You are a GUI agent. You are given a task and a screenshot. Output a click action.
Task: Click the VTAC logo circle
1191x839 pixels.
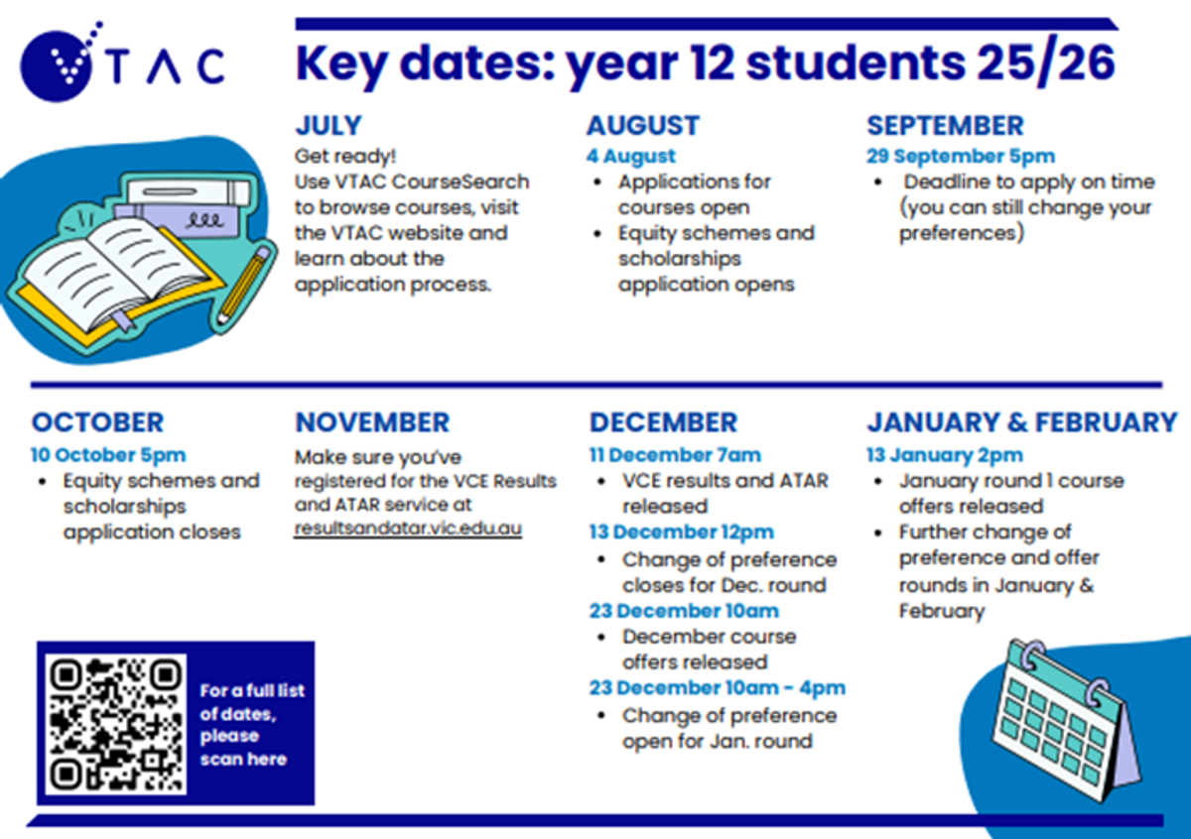pyautogui.click(x=57, y=66)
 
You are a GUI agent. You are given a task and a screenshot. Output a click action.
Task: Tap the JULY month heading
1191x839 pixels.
pyautogui.click(x=329, y=125)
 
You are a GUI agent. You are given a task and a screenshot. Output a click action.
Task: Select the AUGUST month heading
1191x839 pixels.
pyautogui.click(x=643, y=125)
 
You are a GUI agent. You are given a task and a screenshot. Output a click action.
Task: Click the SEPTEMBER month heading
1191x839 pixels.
pyautogui.click(x=945, y=125)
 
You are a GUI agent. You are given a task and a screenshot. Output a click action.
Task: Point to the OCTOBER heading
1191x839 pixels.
pyautogui.click(x=98, y=422)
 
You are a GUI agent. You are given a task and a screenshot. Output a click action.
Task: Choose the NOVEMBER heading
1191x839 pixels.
pyautogui.click(x=373, y=422)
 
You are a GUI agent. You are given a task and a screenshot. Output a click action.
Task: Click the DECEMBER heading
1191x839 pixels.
pyautogui.click(x=664, y=422)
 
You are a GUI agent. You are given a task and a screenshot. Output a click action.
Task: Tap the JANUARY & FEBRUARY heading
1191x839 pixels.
pyautogui.click(x=1022, y=422)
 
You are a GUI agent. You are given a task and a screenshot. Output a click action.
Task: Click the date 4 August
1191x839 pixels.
pyautogui.click(x=631, y=157)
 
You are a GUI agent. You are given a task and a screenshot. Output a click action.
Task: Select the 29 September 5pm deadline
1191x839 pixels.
pyautogui.click(x=961, y=157)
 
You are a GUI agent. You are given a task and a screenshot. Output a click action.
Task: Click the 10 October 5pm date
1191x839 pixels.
pyautogui.click(x=108, y=455)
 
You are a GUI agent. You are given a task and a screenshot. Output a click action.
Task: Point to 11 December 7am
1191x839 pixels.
pyautogui.click(x=675, y=455)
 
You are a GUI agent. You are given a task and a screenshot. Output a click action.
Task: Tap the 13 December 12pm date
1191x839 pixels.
pyautogui.click(x=682, y=532)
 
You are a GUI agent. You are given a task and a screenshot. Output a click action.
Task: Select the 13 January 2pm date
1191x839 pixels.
pyautogui.click(x=945, y=455)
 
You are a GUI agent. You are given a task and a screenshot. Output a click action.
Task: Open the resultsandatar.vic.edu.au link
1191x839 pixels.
pyautogui.click(x=408, y=529)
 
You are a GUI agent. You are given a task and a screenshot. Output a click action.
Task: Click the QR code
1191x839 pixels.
pyautogui.click(x=116, y=724)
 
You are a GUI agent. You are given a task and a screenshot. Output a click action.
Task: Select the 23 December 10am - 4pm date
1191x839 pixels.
pyautogui.click(x=718, y=687)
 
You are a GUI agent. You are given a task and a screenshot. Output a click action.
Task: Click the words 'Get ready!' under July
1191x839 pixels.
pyautogui.click(x=345, y=157)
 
